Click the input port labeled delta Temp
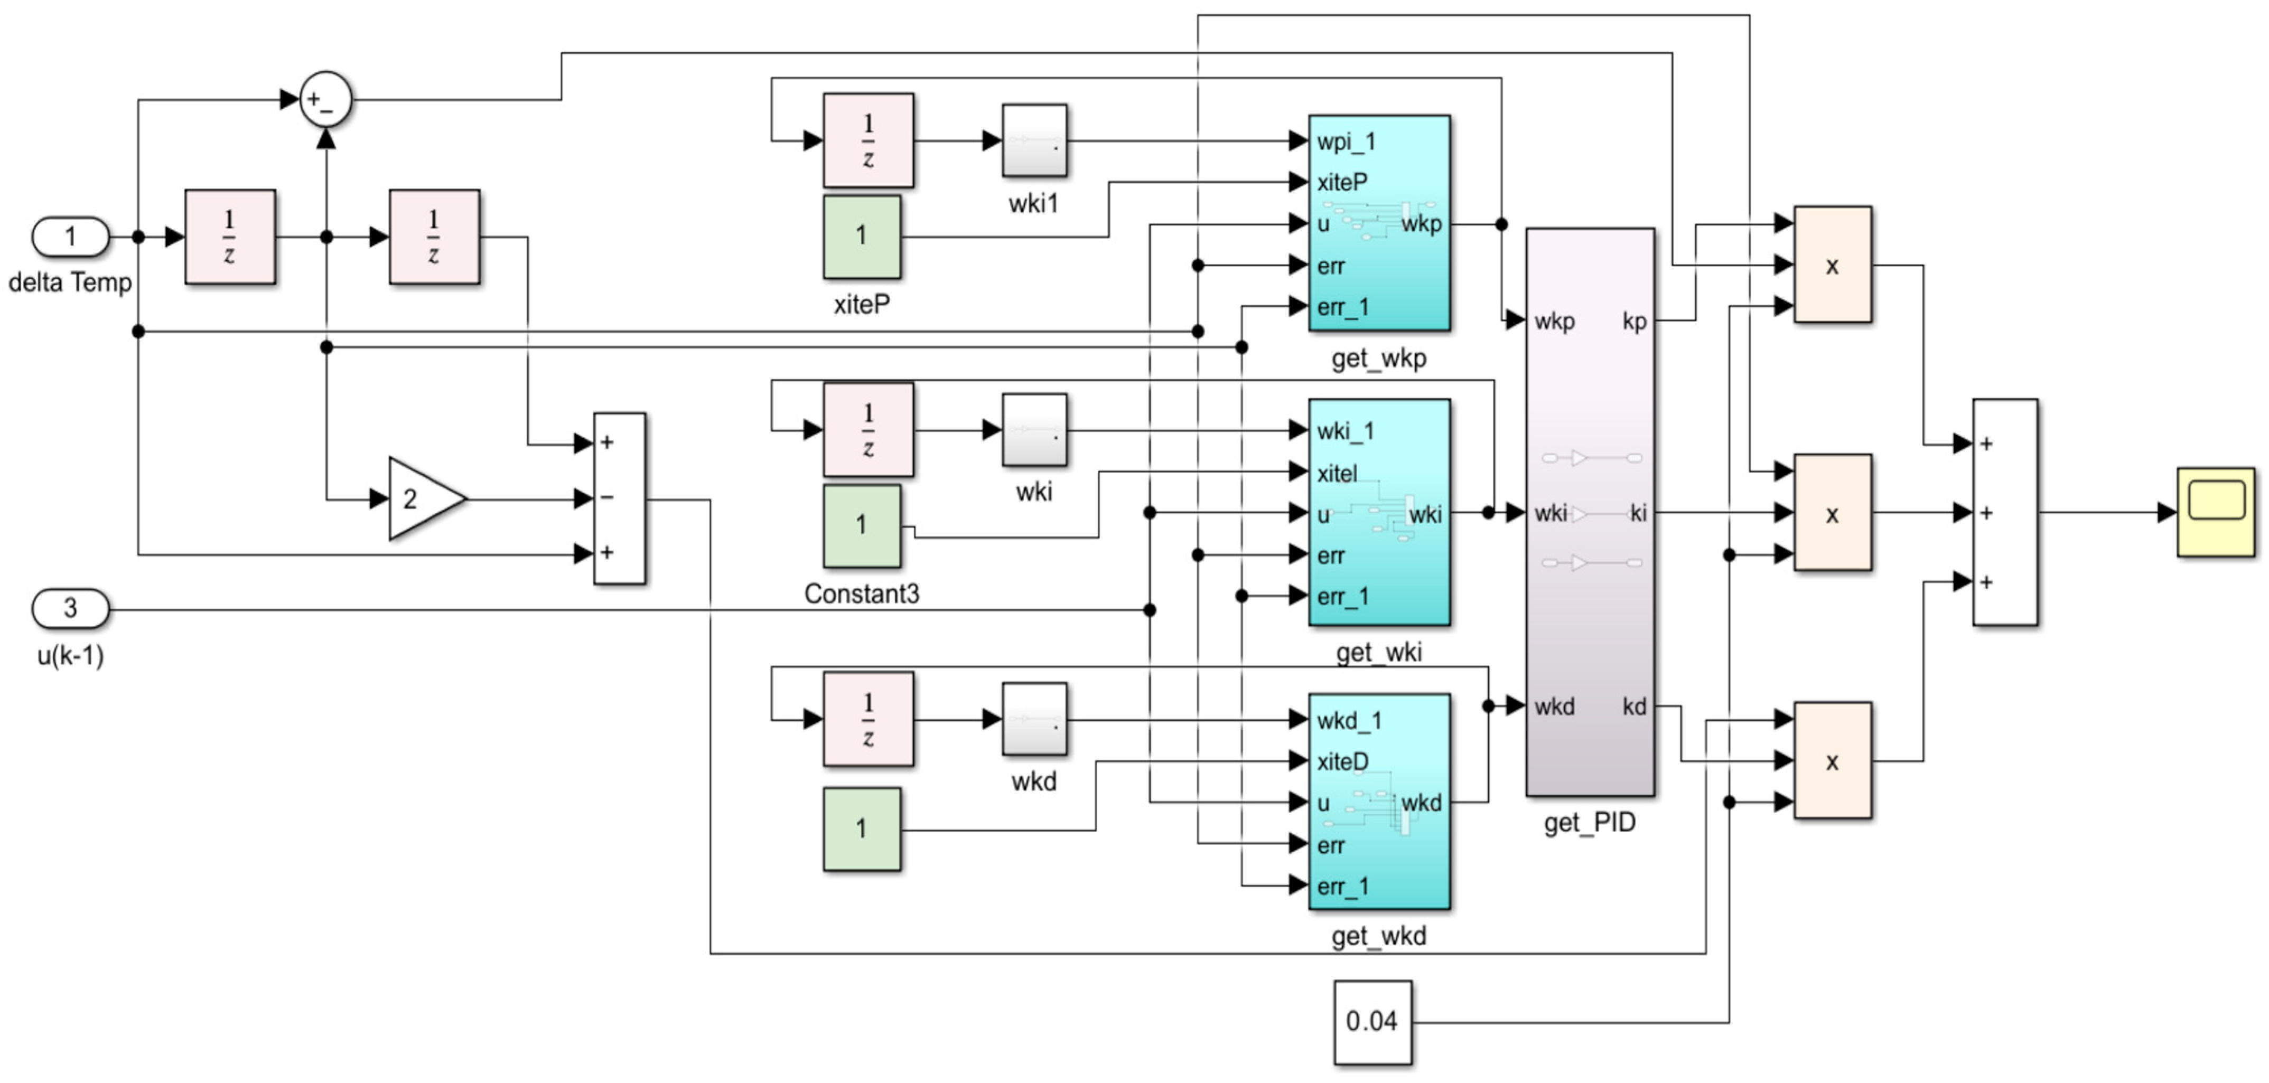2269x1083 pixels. click(x=70, y=237)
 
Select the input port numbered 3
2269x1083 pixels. click(x=70, y=608)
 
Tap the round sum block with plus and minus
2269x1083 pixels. click(x=326, y=99)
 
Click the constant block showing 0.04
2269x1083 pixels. click(x=1371, y=1021)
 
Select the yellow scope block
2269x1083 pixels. click(x=2215, y=512)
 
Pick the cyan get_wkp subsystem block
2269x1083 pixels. click(x=1378, y=224)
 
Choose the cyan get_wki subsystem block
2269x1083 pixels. click(x=1378, y=512)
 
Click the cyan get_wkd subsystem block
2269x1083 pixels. click(x=1378, y=801)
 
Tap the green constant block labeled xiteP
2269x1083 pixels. click(x=862, y=236)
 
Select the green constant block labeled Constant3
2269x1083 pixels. click(x=862, y=525)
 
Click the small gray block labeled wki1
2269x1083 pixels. click(x=1034, y=141)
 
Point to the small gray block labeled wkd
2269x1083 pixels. click(x=1034, y=719)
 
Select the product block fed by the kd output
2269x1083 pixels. click(x=1832, y=761)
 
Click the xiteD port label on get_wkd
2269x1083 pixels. click(x=1342, y=761)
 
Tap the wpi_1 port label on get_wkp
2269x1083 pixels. click(x=1346, y=142)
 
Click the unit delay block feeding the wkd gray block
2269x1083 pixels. click(x=867, y=719)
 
